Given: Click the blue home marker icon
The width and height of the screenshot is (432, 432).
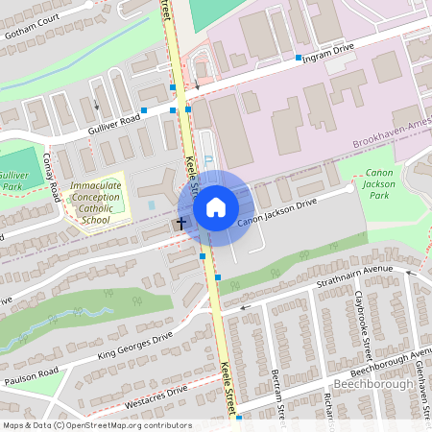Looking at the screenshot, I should point(216,207).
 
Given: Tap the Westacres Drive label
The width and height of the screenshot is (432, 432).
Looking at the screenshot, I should point(154,396).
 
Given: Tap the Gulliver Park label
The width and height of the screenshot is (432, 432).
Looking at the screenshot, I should point(13,181).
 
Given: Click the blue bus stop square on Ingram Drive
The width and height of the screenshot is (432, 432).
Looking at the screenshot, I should point(299,58).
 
